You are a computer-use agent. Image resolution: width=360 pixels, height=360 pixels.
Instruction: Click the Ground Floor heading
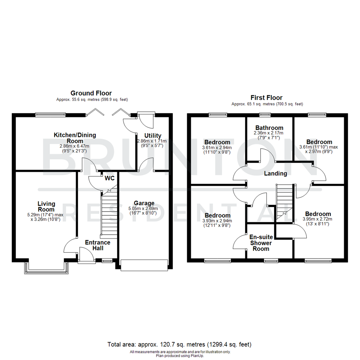tap(91, 93)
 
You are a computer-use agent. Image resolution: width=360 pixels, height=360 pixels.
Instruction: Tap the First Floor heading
tap(266, 98)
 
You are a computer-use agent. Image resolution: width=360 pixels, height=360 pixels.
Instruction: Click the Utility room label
tap(153, 136)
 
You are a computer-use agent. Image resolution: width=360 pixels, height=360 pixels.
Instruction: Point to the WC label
tap(110, 178)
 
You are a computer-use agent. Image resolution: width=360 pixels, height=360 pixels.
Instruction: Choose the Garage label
tap(144, 203)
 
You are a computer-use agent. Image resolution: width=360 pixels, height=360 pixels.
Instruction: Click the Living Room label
tap(46, 206)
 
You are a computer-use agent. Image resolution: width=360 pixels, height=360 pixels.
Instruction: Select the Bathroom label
tap(269, 128)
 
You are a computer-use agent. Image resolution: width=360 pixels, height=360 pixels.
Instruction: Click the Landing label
tap(275, 173)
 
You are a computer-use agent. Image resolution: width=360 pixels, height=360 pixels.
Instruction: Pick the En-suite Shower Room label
tap(261, 243)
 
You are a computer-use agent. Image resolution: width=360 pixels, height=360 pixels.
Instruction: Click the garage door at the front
tap(144, 265)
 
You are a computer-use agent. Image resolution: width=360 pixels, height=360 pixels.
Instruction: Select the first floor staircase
tap(284, 202)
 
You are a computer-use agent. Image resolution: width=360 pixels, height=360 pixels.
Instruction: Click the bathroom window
tap(265, 115)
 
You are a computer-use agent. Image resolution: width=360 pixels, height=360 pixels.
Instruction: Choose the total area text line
tap(179, 344)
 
